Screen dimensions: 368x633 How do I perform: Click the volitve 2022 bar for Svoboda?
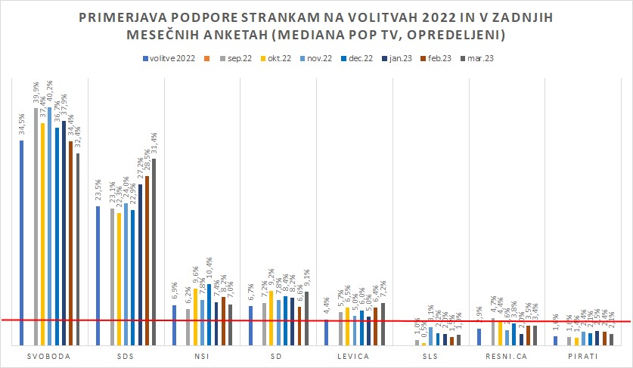click(x=22, y=242)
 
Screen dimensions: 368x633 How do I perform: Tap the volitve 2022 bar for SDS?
click(x=98, y=275)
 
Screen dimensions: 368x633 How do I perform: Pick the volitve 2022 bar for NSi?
click(x=174, y=325)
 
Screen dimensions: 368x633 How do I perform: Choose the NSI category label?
click(x=202, y=357)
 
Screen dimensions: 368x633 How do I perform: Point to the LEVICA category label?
click(x=354, y=357)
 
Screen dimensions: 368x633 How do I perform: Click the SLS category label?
click(x=430, y=357)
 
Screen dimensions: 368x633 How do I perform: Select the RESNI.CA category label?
click(x=506, y=357)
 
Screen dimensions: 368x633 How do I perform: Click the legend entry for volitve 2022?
click(x=168, y=57)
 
